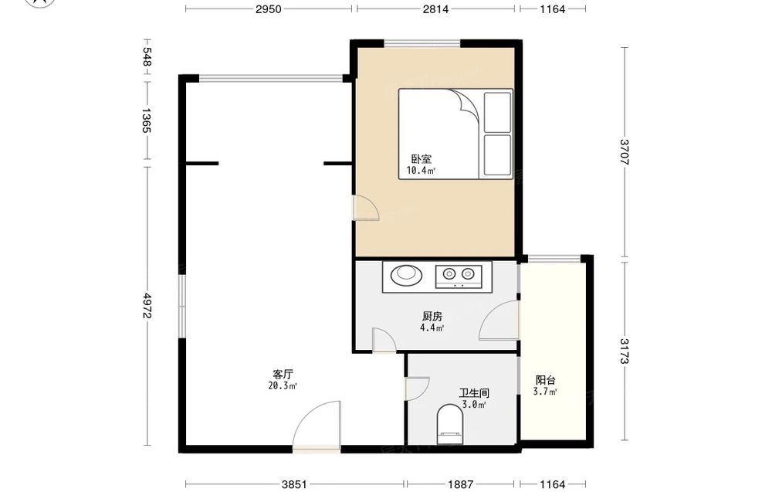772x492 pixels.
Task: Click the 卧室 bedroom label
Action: pyautogui.click(x=422, y=159)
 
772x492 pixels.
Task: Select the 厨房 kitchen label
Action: pyautogui.click(x=432, y=316)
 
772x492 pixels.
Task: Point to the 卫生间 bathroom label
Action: pyautogui.click(x=474, y=393)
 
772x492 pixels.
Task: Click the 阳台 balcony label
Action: pyautogui.click(x=546, y=380)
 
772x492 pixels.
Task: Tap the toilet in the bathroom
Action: pyautogui.click(x=450, y=424)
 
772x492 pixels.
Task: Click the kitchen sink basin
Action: pyautogui.click(x=407, y=275)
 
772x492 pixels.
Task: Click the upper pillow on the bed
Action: pyautogui.click(x=497, y=112)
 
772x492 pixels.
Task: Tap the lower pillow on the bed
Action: pyautogui.click(x=497, y=154)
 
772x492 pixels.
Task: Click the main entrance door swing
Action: pyautogui.click(x=316, y=425)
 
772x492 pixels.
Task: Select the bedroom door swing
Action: pyautogui.click(x=366, y=207)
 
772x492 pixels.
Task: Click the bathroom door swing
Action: pyautogui.click(x=417, y=389)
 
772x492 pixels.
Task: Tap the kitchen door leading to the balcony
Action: pyautogui.click(x=499, y=320)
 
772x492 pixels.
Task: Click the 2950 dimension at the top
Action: pyautogui.click(x=269, y=8)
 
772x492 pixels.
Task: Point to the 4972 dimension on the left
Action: pyautogui.click(x=147, y=306)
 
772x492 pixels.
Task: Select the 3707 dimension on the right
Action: pyautogui.click(x=625, y=151)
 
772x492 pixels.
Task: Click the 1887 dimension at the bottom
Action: pyautogui.click(x=460, y=484)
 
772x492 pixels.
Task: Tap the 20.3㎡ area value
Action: pyautogui.click(x=282, y=386)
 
